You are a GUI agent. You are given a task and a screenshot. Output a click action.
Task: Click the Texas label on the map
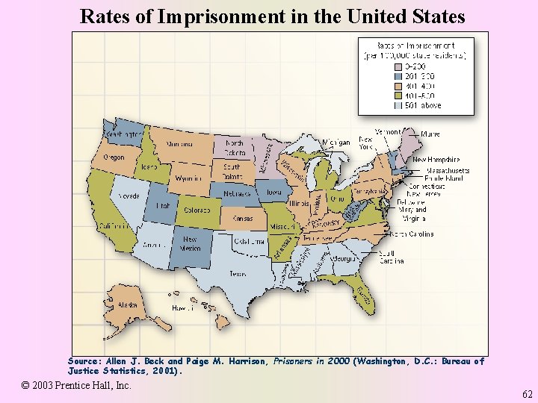point(238,273)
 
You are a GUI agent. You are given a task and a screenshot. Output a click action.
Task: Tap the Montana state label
point(179,144)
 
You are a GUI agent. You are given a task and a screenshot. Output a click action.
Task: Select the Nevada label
point(128,196)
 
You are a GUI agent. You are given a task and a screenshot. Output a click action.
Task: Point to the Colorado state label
point(197,210)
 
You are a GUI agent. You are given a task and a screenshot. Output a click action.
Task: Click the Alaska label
point(128,304)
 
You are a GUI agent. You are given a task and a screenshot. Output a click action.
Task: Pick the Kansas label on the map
point(243,219)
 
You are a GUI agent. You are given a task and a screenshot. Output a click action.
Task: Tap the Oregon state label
point(114,157)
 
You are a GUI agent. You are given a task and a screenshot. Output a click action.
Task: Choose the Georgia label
point(344,258)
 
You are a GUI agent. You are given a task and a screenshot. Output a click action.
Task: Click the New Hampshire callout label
point(436,159)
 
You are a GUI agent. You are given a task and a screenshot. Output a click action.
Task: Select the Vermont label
point(387,131)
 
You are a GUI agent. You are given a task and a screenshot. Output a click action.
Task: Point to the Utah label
point(163,204)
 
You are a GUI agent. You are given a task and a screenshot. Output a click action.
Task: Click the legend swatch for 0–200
point(398,66)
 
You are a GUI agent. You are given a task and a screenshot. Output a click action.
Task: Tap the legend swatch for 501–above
point(398,105)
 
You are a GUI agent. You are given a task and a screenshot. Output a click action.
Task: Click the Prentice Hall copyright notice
point(77,385)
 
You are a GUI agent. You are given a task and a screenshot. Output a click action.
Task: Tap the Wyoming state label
point(188,179)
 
